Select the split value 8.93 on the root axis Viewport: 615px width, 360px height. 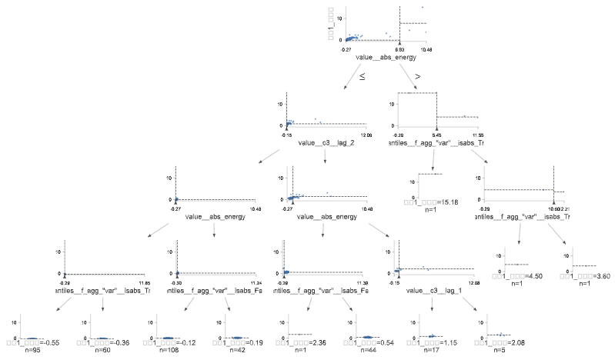[x=399, y=49]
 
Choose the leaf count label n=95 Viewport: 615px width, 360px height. [x=33, y=350]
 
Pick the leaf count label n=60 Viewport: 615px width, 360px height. [x=102, y=350]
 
